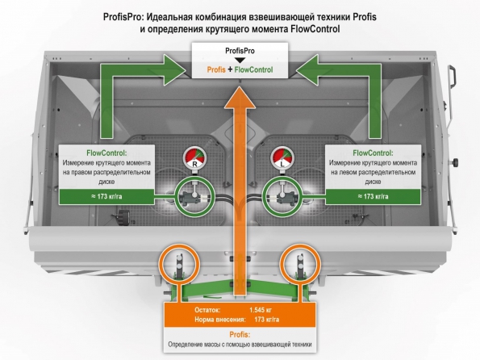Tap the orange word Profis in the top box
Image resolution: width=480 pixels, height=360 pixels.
point(216,70)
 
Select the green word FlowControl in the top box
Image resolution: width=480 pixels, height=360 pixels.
point(253,70)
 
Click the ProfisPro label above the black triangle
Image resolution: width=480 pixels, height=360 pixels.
point(240,51)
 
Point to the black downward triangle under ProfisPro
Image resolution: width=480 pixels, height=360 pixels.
point(240,60)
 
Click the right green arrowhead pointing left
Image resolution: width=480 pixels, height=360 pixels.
point(307,70)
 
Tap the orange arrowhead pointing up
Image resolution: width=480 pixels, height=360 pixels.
point(240,97)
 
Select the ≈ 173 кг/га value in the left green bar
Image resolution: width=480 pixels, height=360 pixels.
point(106,196)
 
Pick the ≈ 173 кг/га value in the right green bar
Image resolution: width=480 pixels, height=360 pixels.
point(373,196)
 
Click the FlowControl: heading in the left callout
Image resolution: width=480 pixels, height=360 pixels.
point(106,153)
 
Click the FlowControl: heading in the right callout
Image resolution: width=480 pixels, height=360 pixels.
point(373,153)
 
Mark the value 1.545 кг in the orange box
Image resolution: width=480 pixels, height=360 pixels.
point(261,310)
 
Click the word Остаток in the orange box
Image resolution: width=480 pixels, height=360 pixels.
point(207,310)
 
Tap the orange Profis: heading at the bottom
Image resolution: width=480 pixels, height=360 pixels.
point(240,334)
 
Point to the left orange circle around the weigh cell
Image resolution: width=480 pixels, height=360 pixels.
point(159,264)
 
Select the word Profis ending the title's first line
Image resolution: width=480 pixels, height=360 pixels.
point(365,17)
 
